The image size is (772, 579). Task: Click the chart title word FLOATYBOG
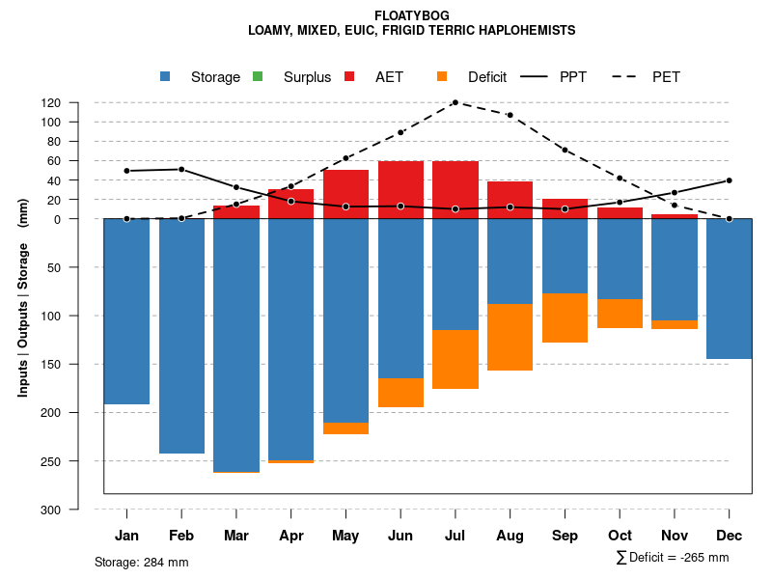pyautogui.click(x=411, y=15)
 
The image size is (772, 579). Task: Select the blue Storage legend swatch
pyautogui.click(x=165, y=77)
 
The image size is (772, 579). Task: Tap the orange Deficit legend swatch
pyautogui.click(x=442, y=77)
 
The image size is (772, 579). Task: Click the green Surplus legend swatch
pyautogui.click(x=257, y=77)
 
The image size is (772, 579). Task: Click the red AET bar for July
pyautogui.click(x=455, y=190)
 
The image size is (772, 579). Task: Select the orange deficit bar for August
pyautogui.click(x=510, y=337)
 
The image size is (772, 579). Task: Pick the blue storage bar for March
pyautogui.click(x=236, y=345)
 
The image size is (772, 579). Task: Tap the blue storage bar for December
pyautogui.click(x=730, y=289)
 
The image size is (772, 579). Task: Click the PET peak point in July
pyautogui.click(x=455, y=102)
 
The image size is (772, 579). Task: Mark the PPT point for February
pyautogui.click(x=181, y=170)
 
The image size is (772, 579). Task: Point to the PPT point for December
pyautogui.click(x=730, y=180)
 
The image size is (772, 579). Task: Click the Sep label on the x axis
pyautogui.click(x=565, y=536)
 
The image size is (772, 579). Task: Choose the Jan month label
pyautogui.click(x=126, y=536)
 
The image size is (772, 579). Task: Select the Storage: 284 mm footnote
pyautogui.click(x=142, y=562)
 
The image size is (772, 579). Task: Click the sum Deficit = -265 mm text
pyautogui.click(x=674, y=557)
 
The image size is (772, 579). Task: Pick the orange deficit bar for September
pyautogui.click(x=565, y=317)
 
